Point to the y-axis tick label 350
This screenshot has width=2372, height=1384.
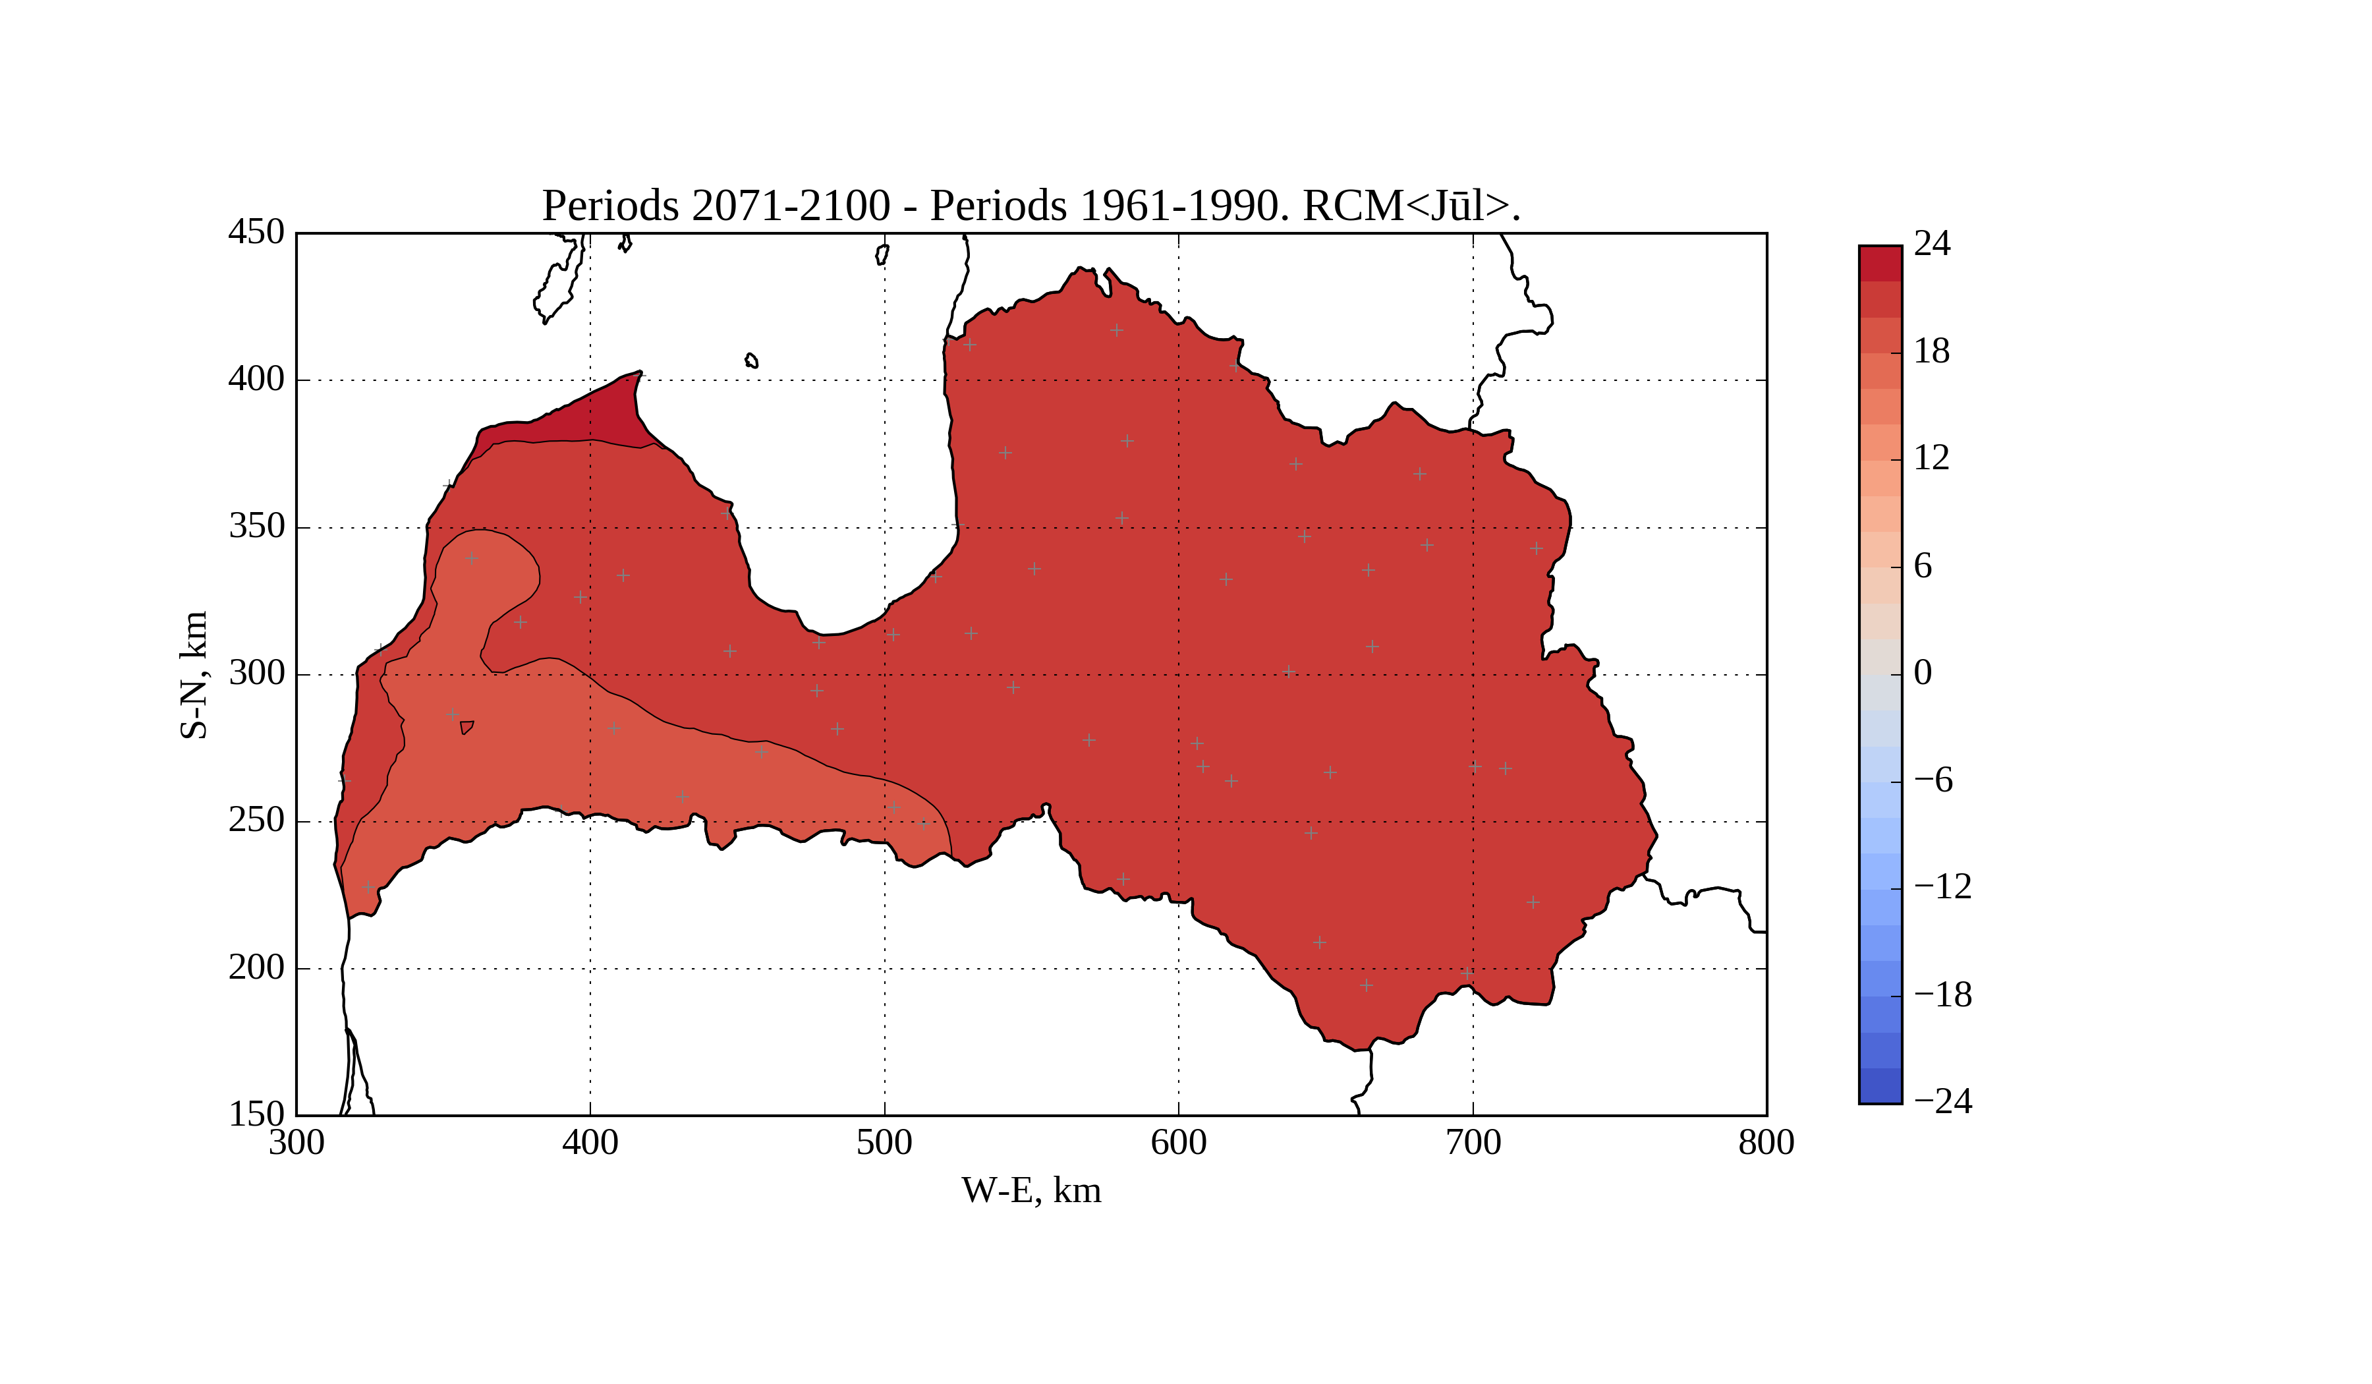256,527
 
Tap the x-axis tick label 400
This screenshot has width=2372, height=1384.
590,1143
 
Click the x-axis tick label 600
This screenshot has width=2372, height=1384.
1179,1143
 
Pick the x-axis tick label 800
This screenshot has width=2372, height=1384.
1766,1143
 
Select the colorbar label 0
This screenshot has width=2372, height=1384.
1923,672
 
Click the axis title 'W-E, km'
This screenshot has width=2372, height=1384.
1031,1191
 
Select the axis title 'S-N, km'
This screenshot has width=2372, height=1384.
194,674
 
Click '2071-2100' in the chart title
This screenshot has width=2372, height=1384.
790,206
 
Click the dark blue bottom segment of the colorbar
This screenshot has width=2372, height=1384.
1880,1085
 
